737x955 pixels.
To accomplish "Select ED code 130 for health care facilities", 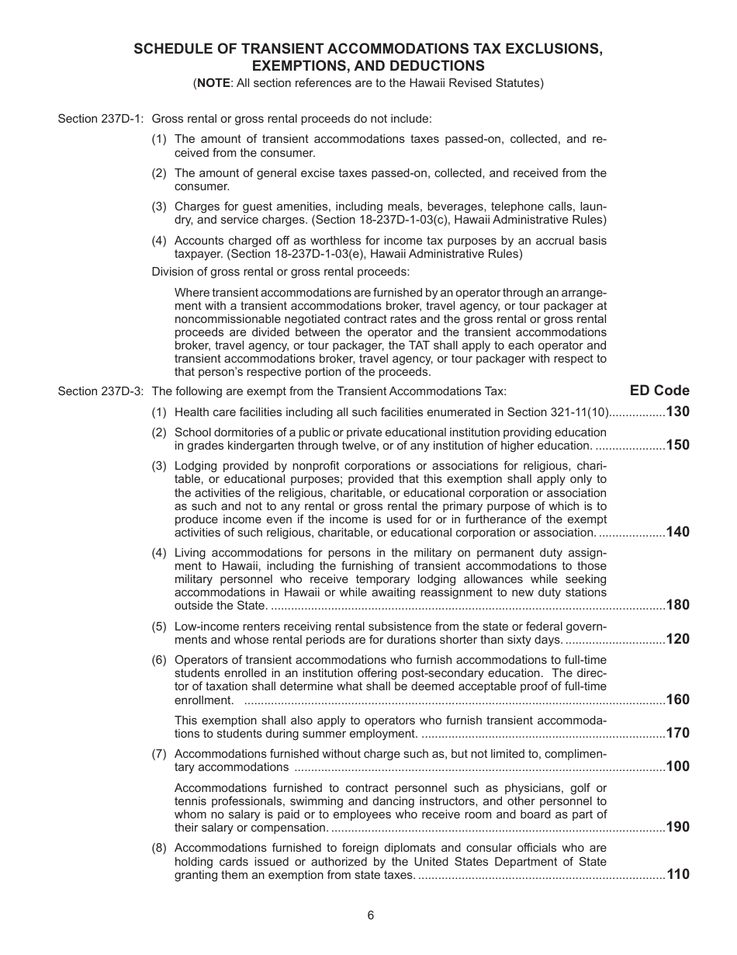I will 677,412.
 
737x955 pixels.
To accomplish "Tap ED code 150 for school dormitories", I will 677,445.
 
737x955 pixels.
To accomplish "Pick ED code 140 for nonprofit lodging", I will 677,532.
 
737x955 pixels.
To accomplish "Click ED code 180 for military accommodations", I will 677,605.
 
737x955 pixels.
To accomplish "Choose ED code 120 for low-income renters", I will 677,639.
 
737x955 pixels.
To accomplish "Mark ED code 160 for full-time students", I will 677,700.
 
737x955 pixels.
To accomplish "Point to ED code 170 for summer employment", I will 677,733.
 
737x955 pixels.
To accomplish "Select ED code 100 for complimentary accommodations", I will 677,766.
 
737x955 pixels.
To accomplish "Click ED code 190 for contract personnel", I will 677,827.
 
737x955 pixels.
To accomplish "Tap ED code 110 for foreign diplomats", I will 677,874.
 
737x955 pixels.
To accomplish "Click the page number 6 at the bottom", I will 371,915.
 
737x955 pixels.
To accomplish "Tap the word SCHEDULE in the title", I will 173,49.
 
